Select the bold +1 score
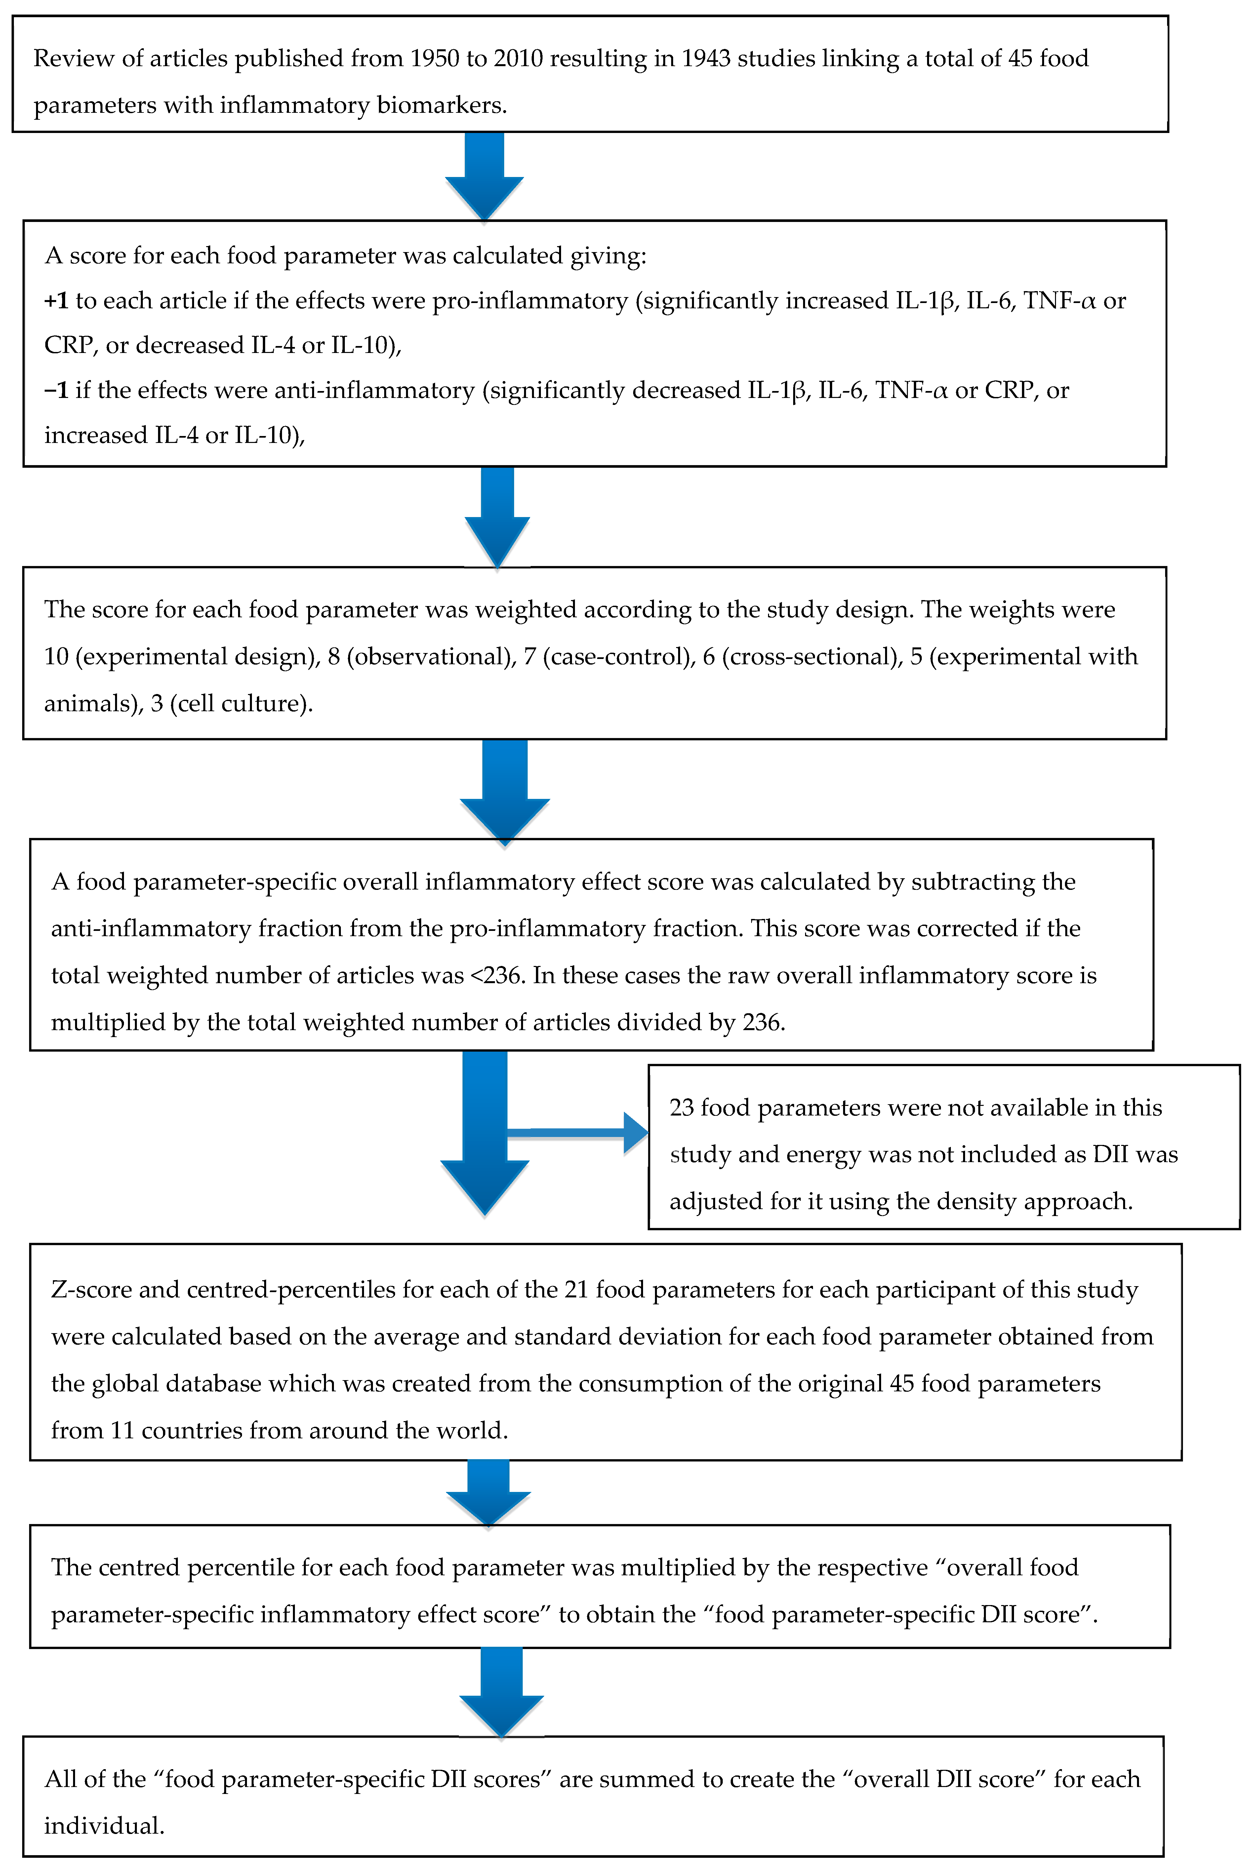click(x=56, y=300)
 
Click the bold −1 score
click(x=56, y=390)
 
